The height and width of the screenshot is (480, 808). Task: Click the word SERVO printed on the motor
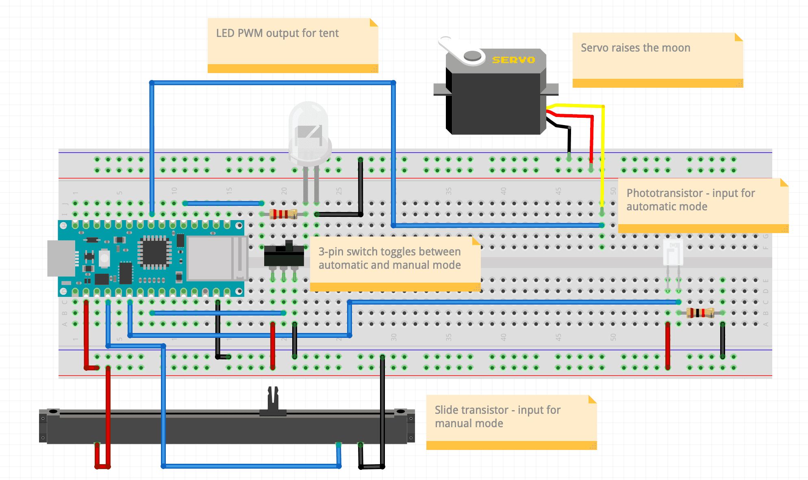coord(513,60)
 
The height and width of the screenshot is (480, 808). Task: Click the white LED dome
coord(309,130)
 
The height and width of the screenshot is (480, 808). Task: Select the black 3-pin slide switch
coord(284,256)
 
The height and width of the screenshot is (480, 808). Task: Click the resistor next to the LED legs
coord(283,214)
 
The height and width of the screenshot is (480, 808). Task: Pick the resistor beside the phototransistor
coord(700,313)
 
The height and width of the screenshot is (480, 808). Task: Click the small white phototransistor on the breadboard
coord(673,252)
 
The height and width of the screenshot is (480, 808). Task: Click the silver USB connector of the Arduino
coord(61,258)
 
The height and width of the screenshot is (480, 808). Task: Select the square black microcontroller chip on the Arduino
coord(154,252)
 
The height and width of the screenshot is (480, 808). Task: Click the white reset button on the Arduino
coord(104,258)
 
